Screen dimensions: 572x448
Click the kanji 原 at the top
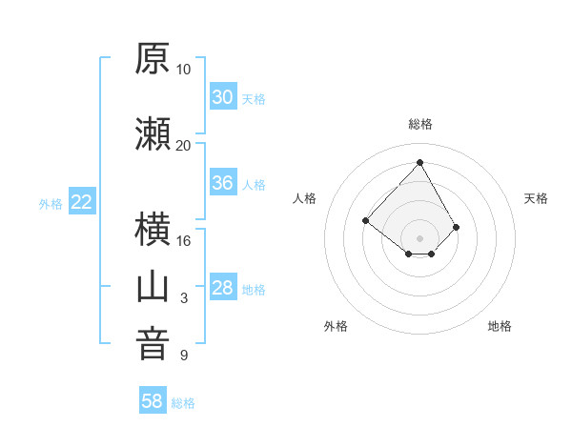coord(153,58)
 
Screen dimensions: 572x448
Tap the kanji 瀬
coord(153,133)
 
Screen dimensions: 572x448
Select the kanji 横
coord(153,229)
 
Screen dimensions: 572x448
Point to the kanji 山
coord(153,288)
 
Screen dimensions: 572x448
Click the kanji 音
coord(153,344)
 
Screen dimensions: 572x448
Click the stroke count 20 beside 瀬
coord(183,146)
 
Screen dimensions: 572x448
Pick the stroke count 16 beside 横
coord(183,241)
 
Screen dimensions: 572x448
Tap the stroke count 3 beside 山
coord(184,298)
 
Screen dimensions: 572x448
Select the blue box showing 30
coord(223,96)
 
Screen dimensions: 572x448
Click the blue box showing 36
coord(223,182)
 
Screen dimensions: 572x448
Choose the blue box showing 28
coord(223,286)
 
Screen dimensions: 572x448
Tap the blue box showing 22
coord(82,201)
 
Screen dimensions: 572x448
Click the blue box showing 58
coord(153,399)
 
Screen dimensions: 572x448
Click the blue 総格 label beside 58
coord(183,403)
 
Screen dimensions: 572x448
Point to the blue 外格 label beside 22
coord(51,204)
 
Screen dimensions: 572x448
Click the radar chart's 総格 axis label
coord(420,124)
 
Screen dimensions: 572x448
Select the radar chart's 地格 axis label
coord(500,326)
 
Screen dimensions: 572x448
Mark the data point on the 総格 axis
coord(419,162)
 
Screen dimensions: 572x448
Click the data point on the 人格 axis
coord(365,220)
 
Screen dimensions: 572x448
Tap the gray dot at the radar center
coord(419,238)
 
